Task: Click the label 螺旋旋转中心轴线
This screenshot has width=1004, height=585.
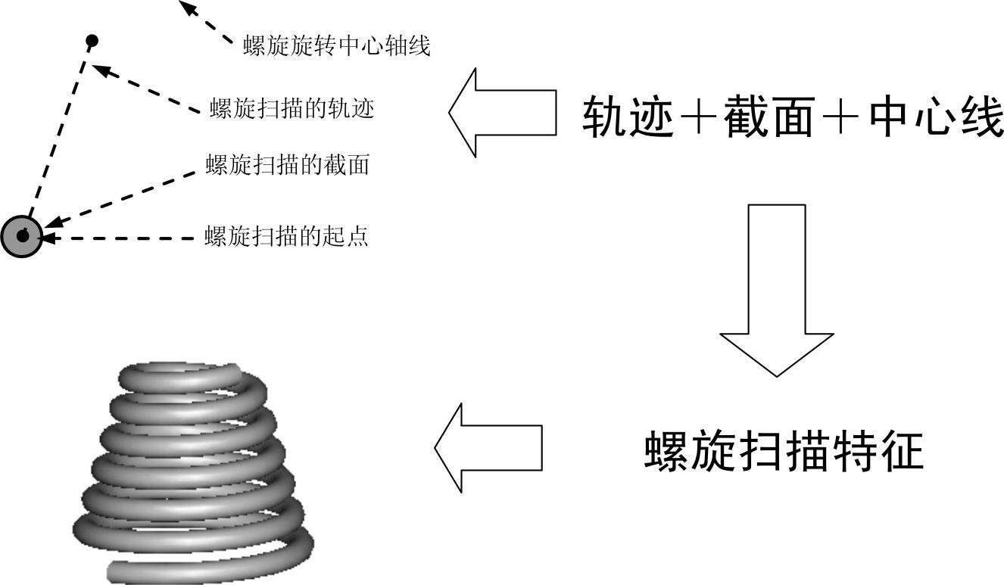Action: pos(336,47)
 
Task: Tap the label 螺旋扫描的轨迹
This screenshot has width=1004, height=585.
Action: pos(292,109)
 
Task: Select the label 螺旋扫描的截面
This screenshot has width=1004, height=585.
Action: pos(287,164)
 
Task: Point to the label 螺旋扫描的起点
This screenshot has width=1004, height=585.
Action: pos(286,236)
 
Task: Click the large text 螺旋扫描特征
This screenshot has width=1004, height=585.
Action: pos(784,452)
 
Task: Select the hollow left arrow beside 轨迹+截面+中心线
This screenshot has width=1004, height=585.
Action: pos(500,113)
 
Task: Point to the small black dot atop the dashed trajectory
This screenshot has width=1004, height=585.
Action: pos(92,39)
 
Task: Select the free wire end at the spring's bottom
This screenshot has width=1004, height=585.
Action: pos(117,570)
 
